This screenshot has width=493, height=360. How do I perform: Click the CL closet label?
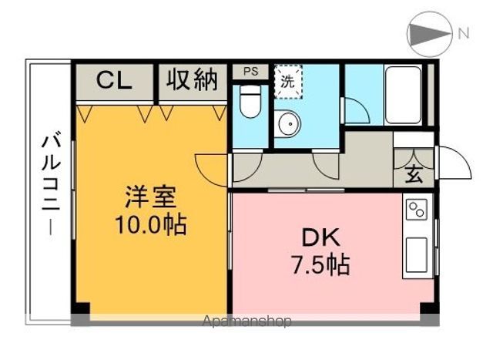(114, 79)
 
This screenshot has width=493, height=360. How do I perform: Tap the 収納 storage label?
(193, 79)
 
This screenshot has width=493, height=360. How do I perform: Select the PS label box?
(250, 72)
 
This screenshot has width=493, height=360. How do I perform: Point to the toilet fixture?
(250, 102)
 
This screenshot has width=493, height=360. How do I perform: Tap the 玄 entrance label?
(414, 174)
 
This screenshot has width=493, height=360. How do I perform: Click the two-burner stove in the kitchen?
(417, 210)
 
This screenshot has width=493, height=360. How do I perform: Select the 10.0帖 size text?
(151, 226)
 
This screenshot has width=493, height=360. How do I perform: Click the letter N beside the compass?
(464, 32)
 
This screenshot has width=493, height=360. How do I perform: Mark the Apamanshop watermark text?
(246, 321)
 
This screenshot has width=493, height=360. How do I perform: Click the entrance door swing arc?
(454, 164)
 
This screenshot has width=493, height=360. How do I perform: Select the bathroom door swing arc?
(356, 111)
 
